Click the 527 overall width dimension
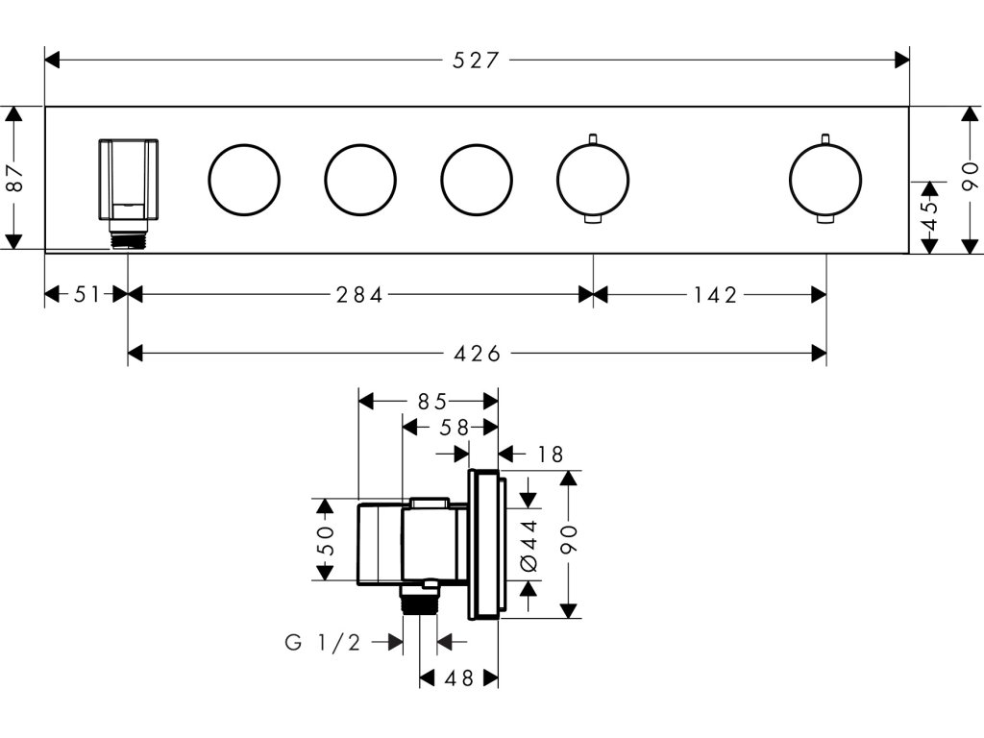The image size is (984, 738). (476, 61)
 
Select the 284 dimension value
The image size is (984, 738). (359, 294)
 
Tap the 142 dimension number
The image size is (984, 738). (715, 294)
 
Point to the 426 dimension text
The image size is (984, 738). (477, 354)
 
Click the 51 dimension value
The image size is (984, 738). (86, 294)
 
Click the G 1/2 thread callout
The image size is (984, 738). (323, 642)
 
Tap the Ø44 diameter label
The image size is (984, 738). (529, 545)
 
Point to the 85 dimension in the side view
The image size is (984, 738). (431, 401)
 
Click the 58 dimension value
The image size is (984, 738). (454, 428)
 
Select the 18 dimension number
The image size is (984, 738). (551, 454)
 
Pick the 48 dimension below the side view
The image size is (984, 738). (458, 678)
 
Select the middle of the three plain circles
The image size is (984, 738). (360, 144)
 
